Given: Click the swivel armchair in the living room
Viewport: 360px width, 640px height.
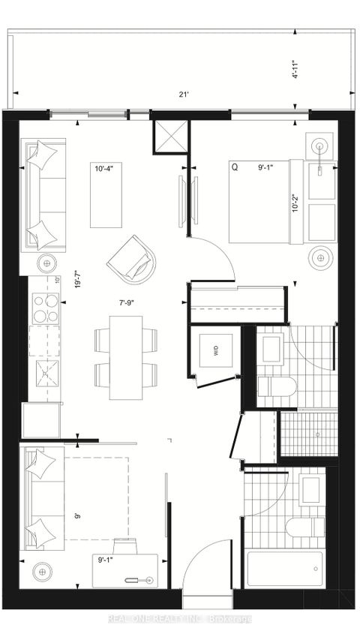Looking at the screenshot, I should pos(132,257).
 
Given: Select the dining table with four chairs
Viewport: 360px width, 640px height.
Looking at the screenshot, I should pos(126,358).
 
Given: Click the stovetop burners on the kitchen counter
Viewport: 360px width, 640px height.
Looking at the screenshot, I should pos(45,308).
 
